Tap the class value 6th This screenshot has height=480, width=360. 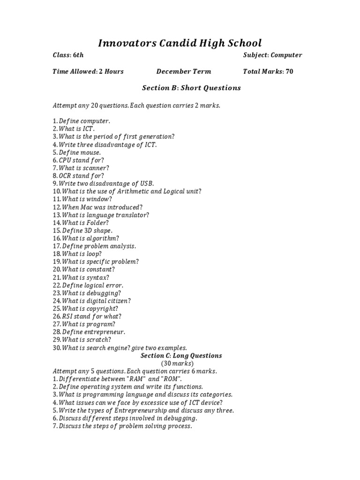(x=78, y=55)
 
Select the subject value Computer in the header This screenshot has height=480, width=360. (x=286, y=55)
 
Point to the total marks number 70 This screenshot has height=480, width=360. (x=289, y=72)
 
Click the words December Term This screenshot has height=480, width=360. (x=184, y=72)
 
